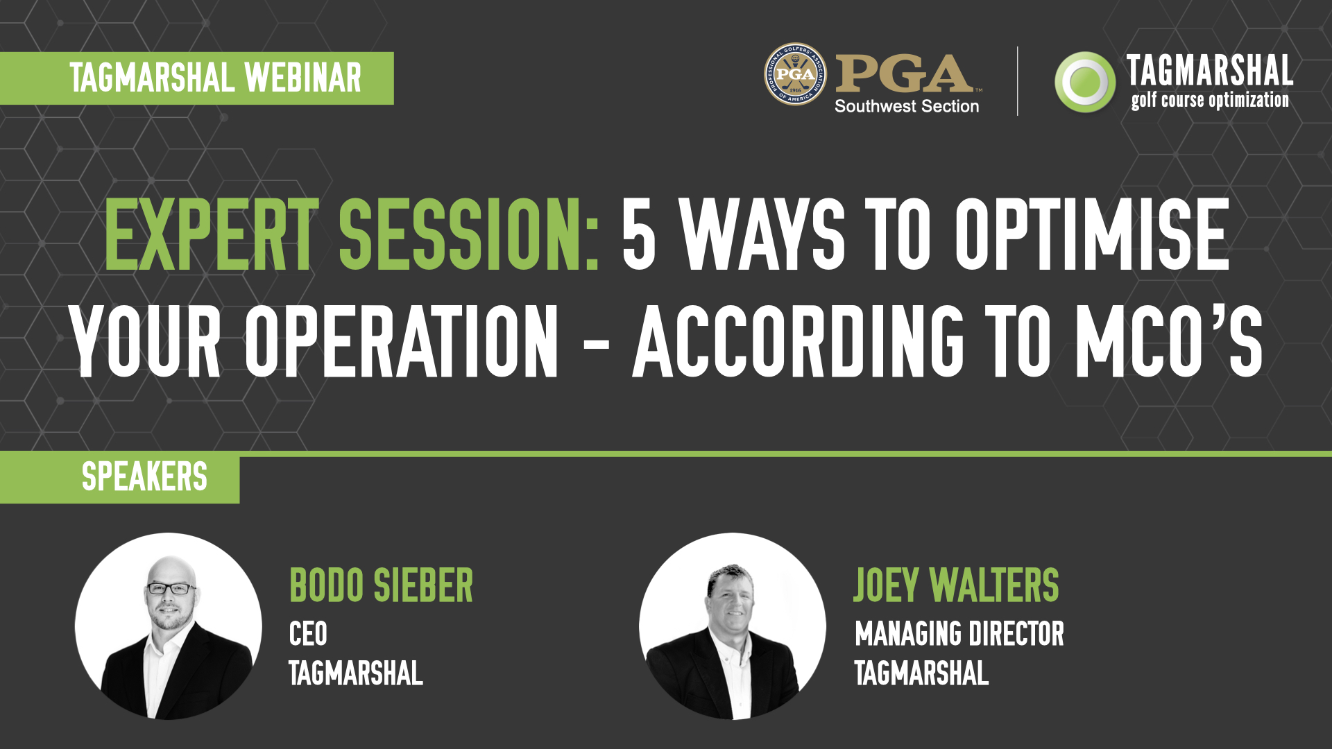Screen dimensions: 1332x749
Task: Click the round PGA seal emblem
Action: tap(795, 74)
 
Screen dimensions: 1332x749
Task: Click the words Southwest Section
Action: tap(907, 106)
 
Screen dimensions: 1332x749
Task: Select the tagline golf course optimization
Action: tap(1210, 100)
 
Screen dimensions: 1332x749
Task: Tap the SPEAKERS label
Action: tap(144, 477)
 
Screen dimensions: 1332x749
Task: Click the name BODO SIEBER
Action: tap(381, 585)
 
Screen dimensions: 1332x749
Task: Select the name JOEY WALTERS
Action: tap(956, 585)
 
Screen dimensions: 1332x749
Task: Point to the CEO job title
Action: tap(308, 634)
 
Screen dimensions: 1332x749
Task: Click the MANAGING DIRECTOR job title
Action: tap(959, 634)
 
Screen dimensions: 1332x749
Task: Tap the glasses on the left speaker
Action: tap(171, 589)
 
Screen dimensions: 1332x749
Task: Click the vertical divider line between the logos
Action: tap(1018, 80)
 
